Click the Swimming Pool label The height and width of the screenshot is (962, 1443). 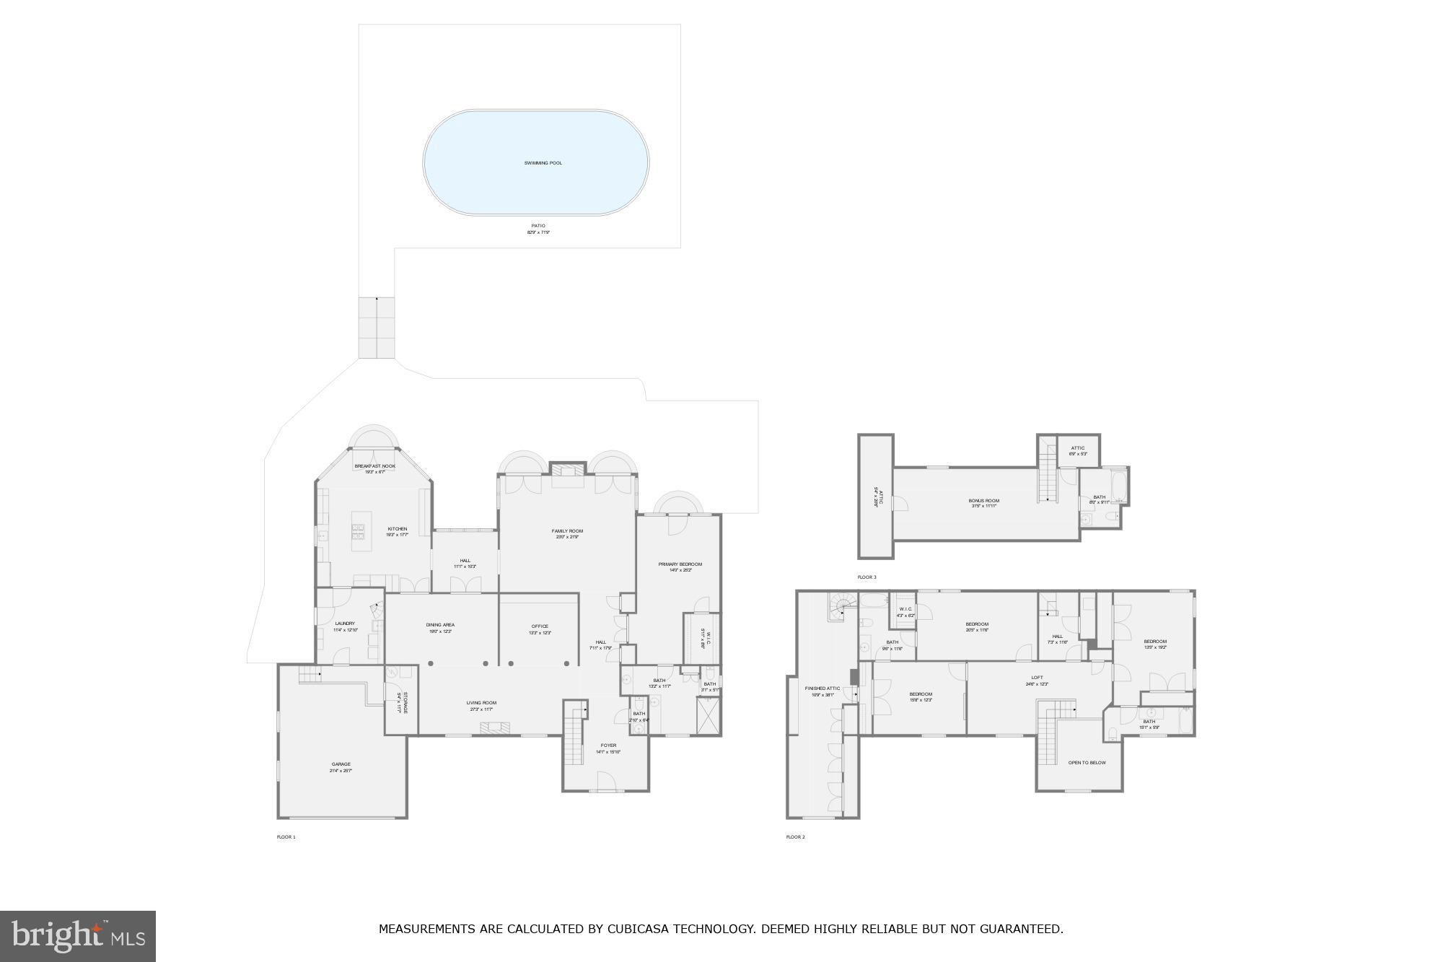coord(543,163)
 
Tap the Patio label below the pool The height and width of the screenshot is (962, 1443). coord(538,227)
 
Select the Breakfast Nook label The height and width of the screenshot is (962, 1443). coord(374,466)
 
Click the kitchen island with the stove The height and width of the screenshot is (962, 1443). coord(359,531)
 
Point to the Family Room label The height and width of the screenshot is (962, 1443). coord(567,531)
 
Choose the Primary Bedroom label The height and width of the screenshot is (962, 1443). coord(680,564)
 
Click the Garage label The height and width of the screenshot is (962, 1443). coord(341,764)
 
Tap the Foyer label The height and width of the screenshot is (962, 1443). coord(608,745)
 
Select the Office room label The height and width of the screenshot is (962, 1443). coord(540,626)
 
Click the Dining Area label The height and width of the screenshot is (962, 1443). coord(440,625)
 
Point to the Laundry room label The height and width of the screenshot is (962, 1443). coord(345,624)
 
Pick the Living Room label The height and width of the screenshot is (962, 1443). coord(481,703)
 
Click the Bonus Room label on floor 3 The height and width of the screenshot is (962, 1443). coord(983,501)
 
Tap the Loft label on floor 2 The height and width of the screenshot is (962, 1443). coord(1037,678)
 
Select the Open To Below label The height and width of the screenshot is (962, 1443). coord(1087,763)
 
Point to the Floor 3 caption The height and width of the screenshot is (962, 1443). coord(867,577)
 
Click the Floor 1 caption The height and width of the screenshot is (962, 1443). coord(286,837)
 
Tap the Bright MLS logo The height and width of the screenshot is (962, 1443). coord(78,936)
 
